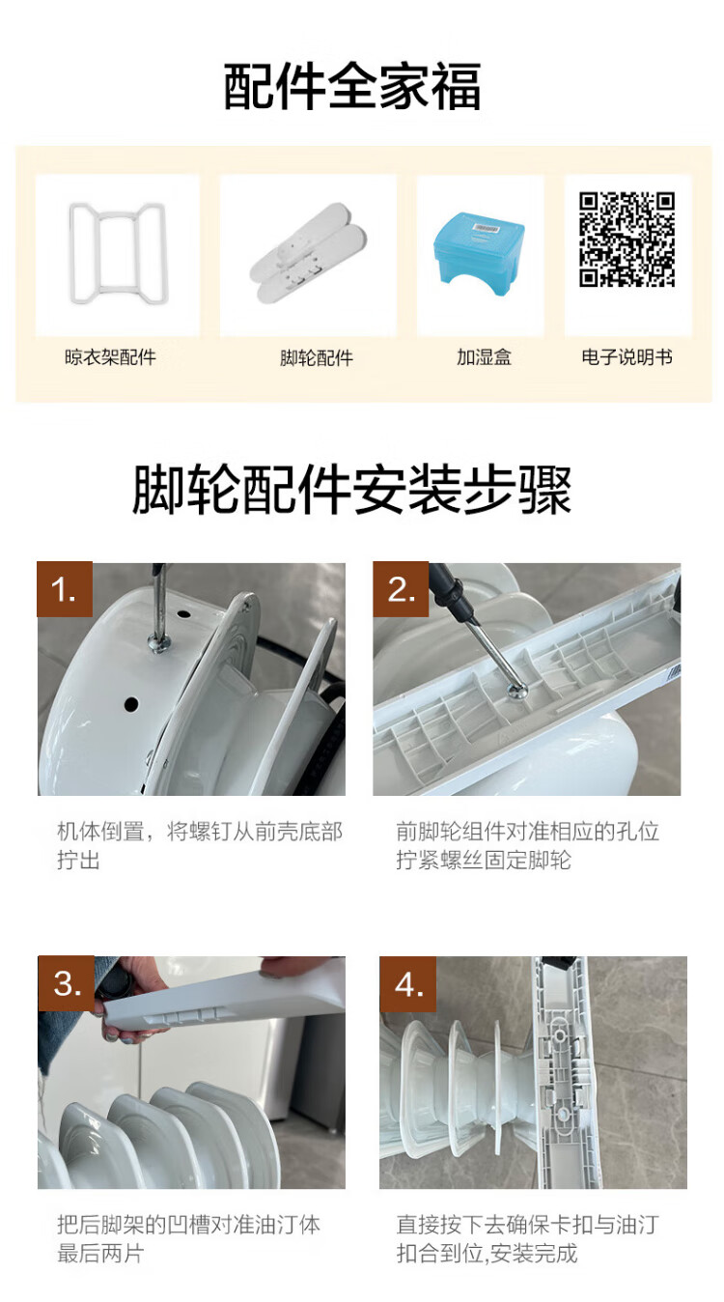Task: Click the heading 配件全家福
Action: [352, 87]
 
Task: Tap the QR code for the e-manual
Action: [627, 239]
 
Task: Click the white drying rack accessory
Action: [118, 253]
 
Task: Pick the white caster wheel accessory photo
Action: [309, 253]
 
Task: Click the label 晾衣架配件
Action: [110, 356]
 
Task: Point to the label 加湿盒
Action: [484, 356]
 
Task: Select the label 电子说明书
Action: [627, 356]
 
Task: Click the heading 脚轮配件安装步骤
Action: [352, 490]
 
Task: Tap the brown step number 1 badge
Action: [65, 589]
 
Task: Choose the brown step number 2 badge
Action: [401, 589]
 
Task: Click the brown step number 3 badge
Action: [67, 983]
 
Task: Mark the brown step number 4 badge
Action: [408, 984]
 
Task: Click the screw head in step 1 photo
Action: [158, 642]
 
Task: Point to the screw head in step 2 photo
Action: [517, 690]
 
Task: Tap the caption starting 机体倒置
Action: [199, 846]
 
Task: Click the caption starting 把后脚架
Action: [188, 1239]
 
